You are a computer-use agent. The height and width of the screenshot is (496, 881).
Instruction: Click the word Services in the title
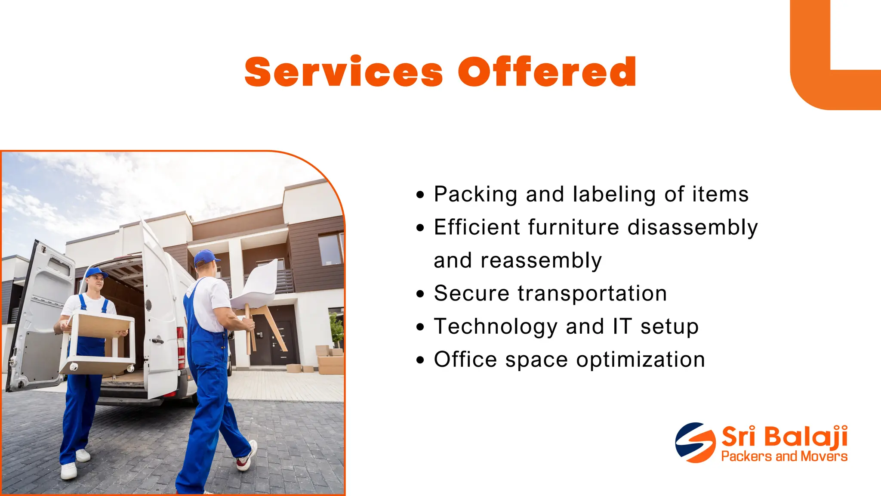[x=343, y=72]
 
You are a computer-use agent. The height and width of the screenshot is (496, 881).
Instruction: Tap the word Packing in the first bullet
[x=475, y=195]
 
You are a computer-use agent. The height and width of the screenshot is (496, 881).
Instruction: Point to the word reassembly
[x=541, y=261]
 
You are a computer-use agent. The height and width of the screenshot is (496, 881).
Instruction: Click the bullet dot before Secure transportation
[x=420, y=294]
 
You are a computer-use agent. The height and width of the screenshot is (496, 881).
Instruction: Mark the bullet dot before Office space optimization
[x=420, y=360]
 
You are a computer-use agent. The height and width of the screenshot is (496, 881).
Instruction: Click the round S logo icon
[x=695, y=443]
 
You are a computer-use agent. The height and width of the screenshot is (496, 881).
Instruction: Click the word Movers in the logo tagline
[x=826, y=456]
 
